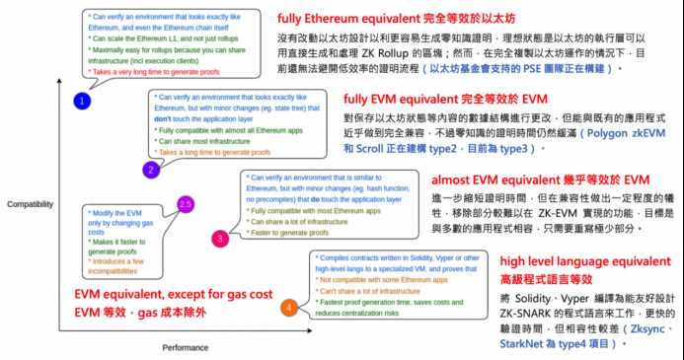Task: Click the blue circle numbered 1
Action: [84, 101]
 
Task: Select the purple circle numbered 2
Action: [151, 170]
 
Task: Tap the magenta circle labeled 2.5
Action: [184, 203]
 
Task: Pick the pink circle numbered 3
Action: [220, 238]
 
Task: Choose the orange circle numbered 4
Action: [288, 307]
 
